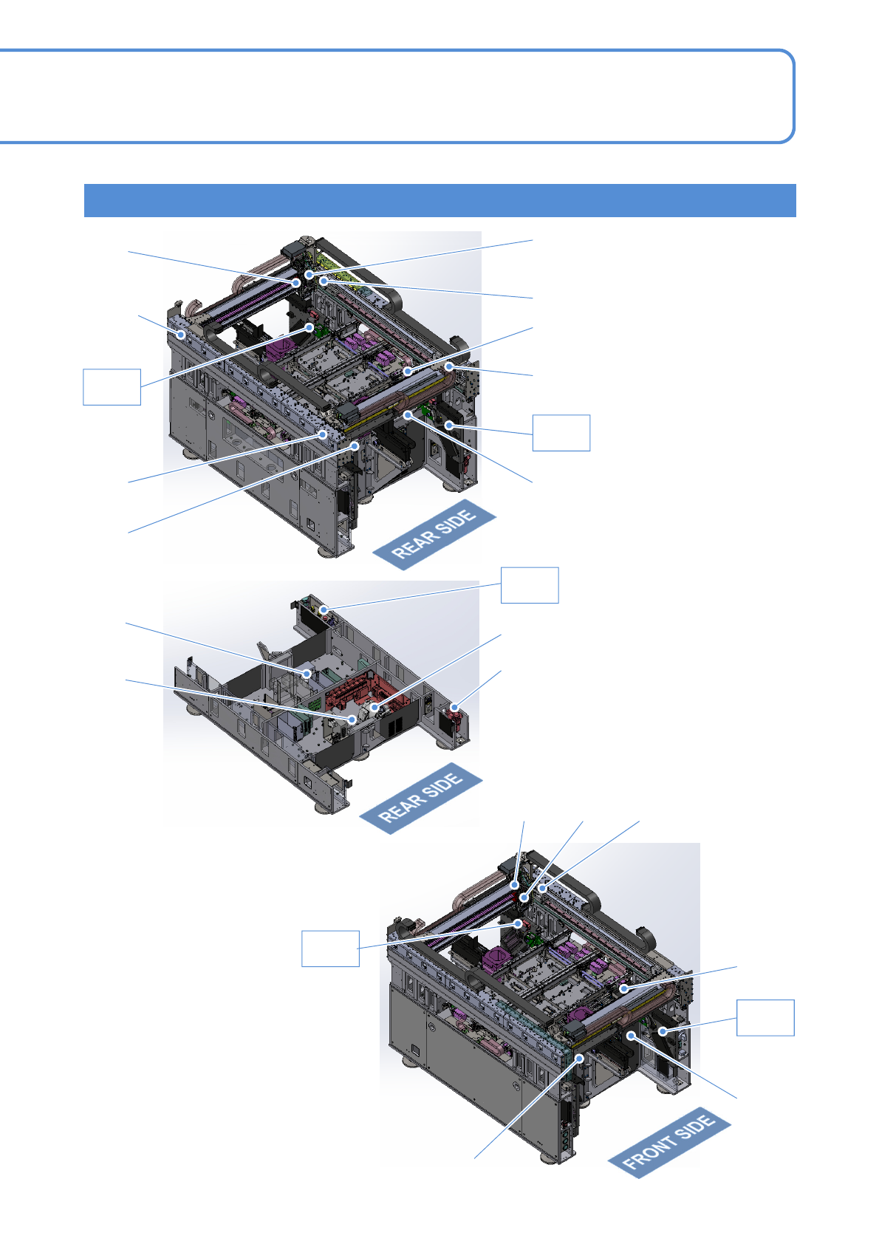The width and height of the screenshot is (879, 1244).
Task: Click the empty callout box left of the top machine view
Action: tap(112, 387)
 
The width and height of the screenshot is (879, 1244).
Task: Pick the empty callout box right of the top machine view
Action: tap(561, 433)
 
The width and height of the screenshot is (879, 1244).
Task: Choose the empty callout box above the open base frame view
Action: tap(530, 585)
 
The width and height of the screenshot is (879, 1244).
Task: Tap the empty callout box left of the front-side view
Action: tap(330, 949)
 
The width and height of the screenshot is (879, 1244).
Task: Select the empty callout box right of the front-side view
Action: tap(766, 1017)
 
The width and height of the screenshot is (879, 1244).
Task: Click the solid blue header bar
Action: tap(439, 200)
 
